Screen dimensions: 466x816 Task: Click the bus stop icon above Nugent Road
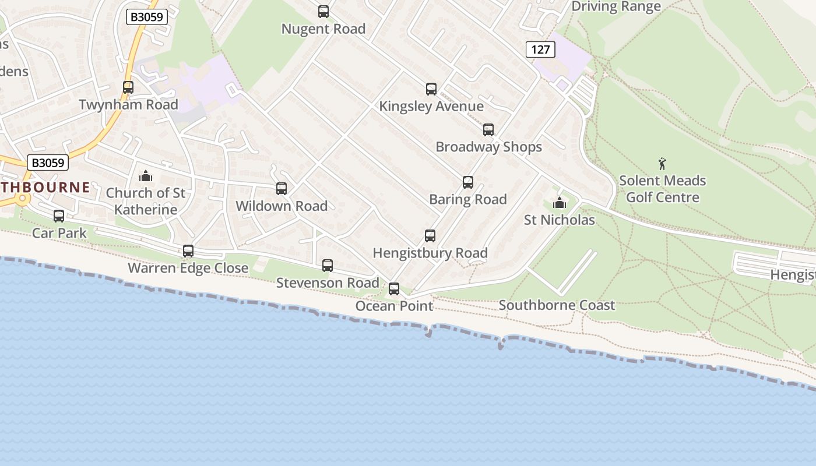click(323, 12)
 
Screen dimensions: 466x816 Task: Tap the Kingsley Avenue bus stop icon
click(431, 89)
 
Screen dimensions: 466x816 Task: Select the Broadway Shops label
click(488, 147)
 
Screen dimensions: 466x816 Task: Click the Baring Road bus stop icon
click(468, 182)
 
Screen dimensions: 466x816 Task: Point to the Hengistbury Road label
click(430, 253)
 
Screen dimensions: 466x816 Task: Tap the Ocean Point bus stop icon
click(394, 289)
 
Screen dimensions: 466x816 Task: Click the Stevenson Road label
click(328, 283)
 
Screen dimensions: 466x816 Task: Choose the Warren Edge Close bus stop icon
click(188, 251)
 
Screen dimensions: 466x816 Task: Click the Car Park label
click(59, 233)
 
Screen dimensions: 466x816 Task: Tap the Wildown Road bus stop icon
click(282, 189)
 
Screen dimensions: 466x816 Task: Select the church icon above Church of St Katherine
click(146, 176)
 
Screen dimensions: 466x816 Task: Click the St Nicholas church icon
click(560, 203)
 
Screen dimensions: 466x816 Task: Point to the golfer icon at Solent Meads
click(662, 164)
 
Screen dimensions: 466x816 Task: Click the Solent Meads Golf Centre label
click(662, 189)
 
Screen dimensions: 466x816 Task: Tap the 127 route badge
click(540, 50)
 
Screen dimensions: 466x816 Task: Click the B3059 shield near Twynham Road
click(147, 17)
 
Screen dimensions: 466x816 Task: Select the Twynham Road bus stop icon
click(128, 87)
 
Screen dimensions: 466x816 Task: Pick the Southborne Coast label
click(557, 305)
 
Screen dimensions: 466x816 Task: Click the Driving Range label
click(616, 6)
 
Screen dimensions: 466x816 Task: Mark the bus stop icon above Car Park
click(59, 216)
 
